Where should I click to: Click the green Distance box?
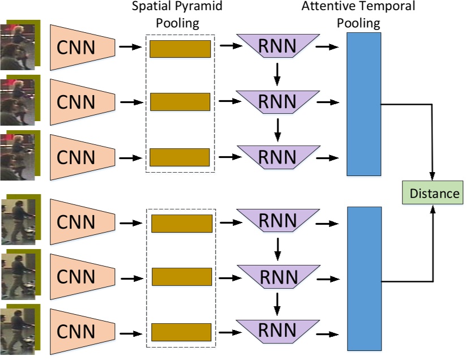pos(434,193)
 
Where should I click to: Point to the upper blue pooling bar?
pos(363,104)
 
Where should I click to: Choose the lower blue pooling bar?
pos(363,278)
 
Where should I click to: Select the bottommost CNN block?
pos(82,331)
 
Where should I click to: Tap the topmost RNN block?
pos(277,46)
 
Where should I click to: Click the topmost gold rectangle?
pos(180,49)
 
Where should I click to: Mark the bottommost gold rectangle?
pos(181,332)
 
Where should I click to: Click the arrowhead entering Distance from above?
pos(434,177)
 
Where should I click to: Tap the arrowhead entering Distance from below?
pos(434,209)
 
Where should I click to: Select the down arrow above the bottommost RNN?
pos(277,305)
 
